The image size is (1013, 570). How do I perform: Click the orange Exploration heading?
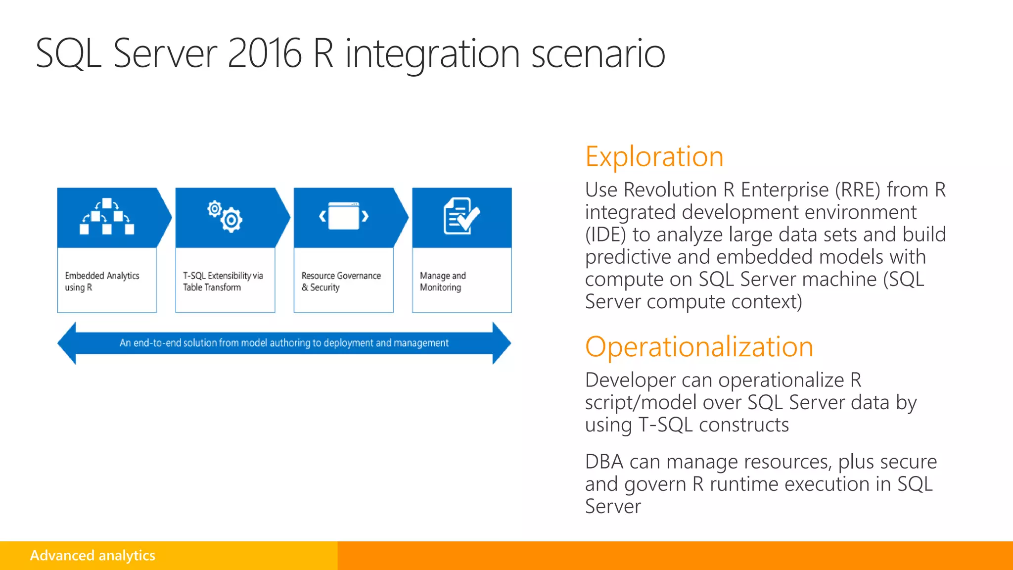coord(654,157)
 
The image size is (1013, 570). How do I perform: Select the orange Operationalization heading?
coord(699,347)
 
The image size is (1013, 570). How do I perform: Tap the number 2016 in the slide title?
coord(265,53)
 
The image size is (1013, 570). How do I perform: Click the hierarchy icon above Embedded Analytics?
coord(107,216)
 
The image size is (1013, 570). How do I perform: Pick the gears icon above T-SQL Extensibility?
coord(225,216)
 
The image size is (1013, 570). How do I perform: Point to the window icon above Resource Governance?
coord(344,216)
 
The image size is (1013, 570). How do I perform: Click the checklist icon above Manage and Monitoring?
coord(461,216)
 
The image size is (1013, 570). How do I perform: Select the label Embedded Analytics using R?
coord(102,281)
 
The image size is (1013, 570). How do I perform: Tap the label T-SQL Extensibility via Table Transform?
coord(223,281)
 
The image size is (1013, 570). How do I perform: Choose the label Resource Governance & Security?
coord(341,281)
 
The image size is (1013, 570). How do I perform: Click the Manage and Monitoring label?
coord(443,281)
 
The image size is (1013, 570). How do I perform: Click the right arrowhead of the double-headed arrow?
coord(502,343)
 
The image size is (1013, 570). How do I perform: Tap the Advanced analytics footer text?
coord(92,555)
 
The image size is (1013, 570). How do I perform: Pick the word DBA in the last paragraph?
coord(604,462)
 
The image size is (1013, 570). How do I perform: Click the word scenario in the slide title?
coord(598,53)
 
